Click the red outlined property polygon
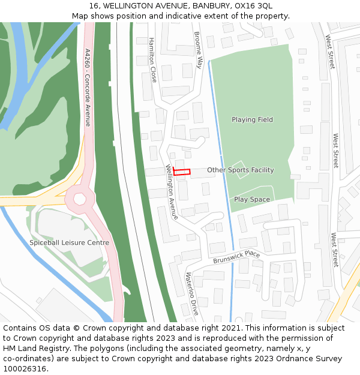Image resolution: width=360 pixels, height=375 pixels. coord(182,172)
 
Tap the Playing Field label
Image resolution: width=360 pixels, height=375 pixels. coord(252,119)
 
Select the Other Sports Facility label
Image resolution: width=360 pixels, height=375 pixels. coord(240,170)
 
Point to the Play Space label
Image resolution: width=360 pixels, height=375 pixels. coord(252,199)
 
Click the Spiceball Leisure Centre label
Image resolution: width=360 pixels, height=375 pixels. coord(69,242)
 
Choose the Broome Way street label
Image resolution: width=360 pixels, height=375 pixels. coord(199,50)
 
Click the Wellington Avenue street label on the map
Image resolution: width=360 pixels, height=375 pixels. coord(172,191)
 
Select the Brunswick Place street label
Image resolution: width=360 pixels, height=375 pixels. coord(236,257)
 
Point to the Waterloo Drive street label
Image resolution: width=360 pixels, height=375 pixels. coord(191,293)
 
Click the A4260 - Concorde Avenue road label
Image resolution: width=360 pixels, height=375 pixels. coord(88,88)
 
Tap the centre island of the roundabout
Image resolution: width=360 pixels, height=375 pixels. coord(80,198)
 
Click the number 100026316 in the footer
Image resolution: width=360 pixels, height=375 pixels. coord(25,368)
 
